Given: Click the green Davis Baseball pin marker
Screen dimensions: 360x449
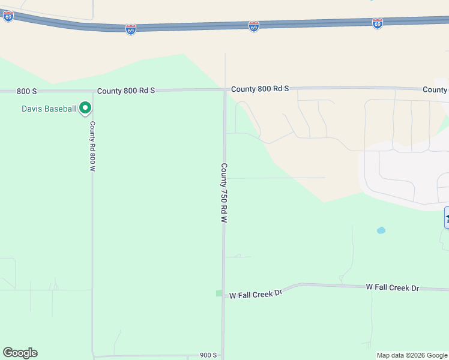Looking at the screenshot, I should [85, 108].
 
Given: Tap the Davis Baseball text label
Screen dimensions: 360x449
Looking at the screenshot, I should [49, 109].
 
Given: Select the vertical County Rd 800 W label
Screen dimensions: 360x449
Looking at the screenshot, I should [93, 146].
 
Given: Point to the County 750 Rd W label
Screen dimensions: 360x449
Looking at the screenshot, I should [224, 193].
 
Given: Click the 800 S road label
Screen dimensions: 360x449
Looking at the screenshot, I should [27, 91].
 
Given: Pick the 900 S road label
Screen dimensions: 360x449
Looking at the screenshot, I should [208, 355].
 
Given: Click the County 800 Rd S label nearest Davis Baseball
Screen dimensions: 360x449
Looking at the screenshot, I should [126, 91].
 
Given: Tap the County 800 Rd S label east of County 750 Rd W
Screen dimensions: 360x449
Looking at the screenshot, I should [260, 89].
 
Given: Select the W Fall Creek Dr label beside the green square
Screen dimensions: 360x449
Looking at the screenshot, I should [256, 294].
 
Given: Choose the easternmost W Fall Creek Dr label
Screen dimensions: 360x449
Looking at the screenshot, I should [393, 288].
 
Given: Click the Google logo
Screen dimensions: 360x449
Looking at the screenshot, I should [20, 353].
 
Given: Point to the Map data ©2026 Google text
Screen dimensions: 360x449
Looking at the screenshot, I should [412, 355].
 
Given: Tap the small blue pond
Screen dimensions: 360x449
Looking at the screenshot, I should [381, 230].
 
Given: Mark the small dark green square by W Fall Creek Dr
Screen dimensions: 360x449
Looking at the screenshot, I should [219, 293].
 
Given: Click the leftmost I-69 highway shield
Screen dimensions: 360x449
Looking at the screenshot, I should [8, 17].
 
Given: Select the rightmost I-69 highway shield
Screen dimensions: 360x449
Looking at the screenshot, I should [377, 23].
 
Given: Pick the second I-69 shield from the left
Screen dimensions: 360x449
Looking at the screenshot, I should [131, 29].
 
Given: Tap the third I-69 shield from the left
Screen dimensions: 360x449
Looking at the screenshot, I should [254, 26].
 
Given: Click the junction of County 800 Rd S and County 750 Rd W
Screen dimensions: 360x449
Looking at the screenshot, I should [224, 91].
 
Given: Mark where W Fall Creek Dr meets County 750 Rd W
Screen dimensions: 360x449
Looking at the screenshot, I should [224, 294].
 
